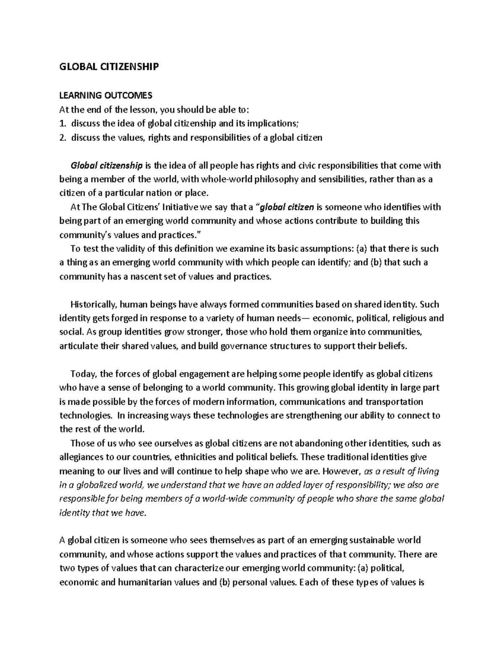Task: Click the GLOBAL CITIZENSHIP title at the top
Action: [x=109, y=67]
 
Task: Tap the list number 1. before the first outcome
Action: [x=63, y=124]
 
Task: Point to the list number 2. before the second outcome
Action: [x=63, y=137]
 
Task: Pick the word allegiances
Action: [x=81, y=457]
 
